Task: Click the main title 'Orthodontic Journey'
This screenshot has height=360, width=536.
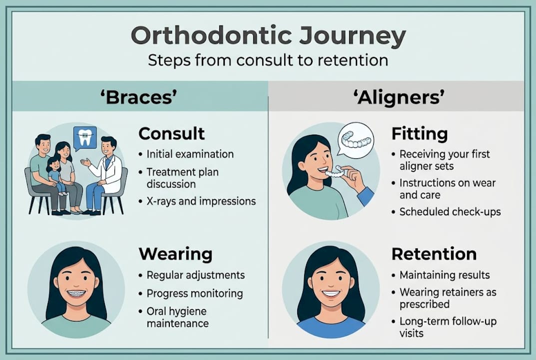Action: [268, 36]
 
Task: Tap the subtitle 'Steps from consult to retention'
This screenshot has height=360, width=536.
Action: [268, 60]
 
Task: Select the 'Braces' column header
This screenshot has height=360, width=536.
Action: [139, 97]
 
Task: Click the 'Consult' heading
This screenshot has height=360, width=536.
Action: [171, 134]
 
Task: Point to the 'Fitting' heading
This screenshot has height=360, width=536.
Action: [419, 134]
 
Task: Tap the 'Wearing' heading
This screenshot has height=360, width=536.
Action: [175, 254]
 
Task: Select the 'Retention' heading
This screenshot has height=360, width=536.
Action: [434, 254]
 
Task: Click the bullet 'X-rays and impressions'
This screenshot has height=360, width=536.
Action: [201, 201]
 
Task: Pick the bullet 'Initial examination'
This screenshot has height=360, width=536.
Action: [190, 154]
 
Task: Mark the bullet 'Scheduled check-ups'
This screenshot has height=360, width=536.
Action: [450, 212]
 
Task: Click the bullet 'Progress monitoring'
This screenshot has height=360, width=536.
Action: [194, 293]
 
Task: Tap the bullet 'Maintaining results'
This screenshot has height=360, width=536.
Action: [445, 275]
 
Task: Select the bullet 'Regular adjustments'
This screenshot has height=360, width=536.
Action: [195, 275]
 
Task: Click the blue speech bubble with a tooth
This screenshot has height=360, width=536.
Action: [84, 138]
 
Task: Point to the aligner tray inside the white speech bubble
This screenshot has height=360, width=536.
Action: [356, 139]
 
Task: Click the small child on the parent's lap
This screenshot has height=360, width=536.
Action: [54, 175]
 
